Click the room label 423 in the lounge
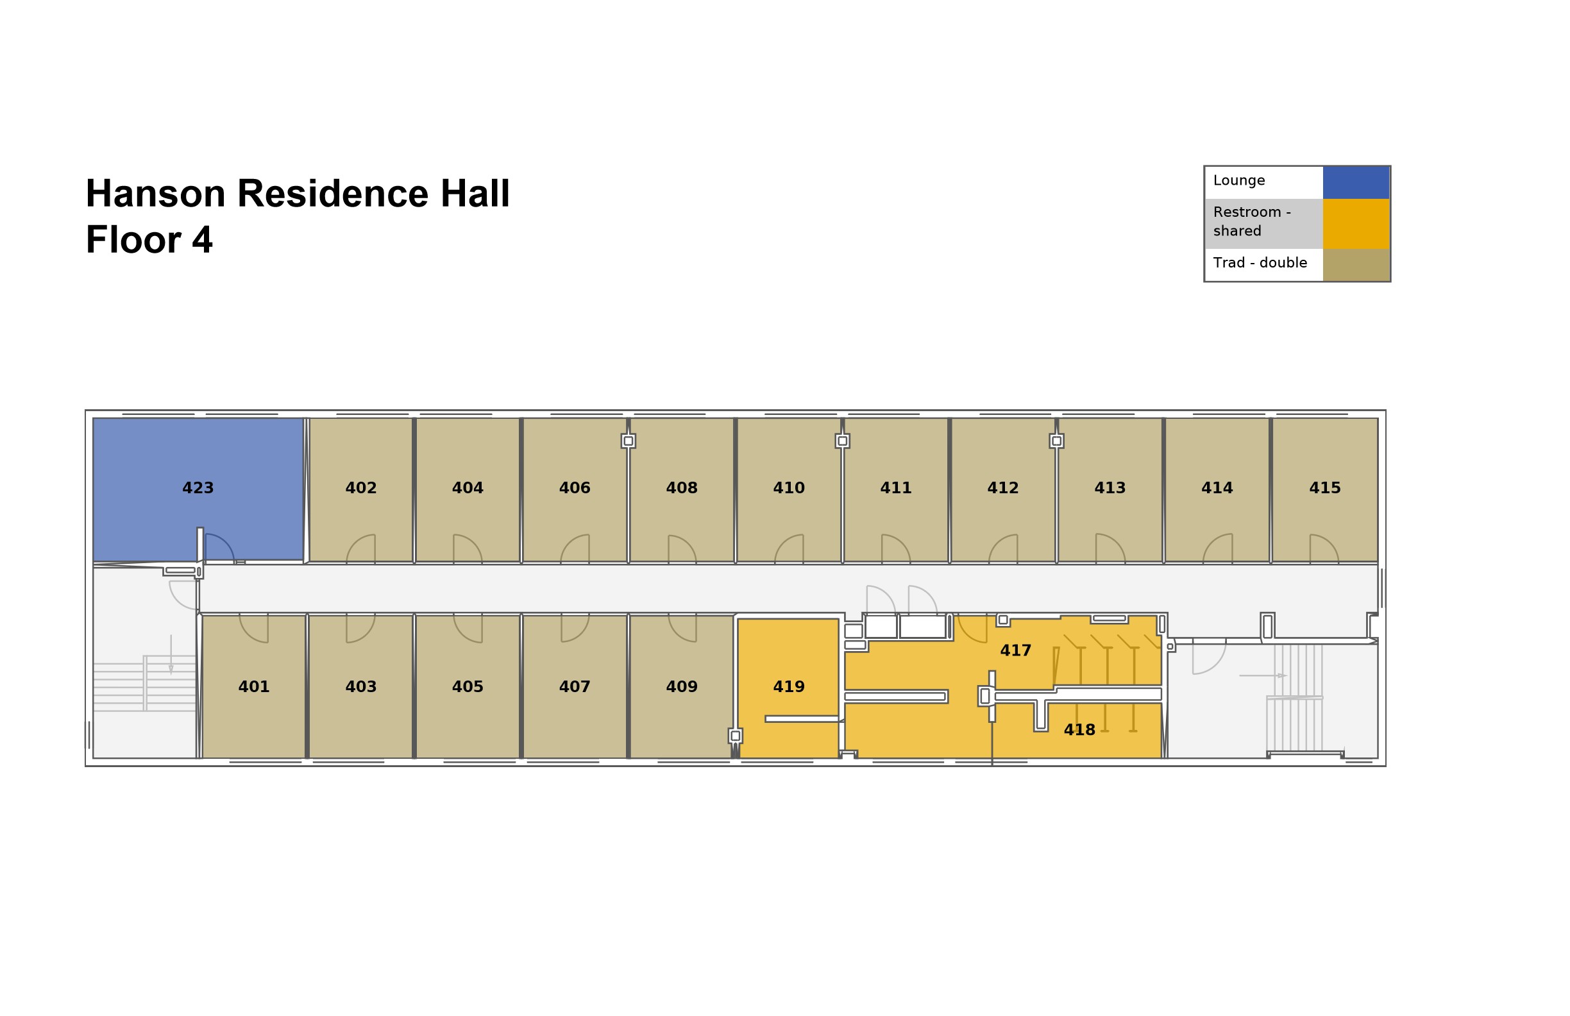pos(198,488)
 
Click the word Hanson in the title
pos(156,194)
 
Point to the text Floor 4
pos(149,239)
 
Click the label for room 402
pos(361,488)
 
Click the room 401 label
pos(254,687)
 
